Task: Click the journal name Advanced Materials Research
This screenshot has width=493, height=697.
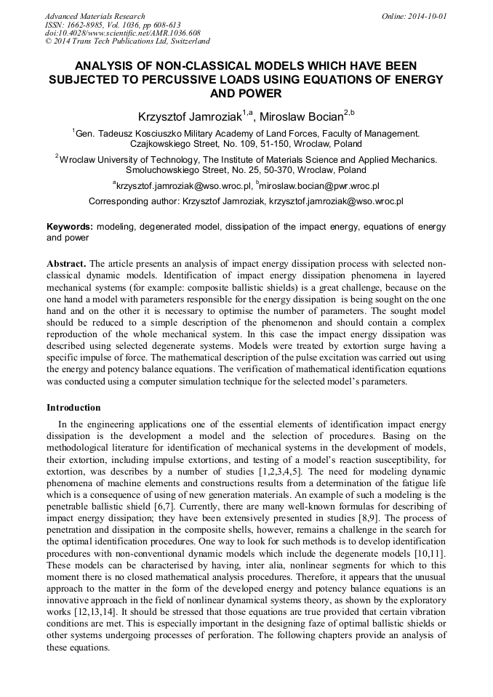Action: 95,16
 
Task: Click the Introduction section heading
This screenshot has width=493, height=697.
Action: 73,408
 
